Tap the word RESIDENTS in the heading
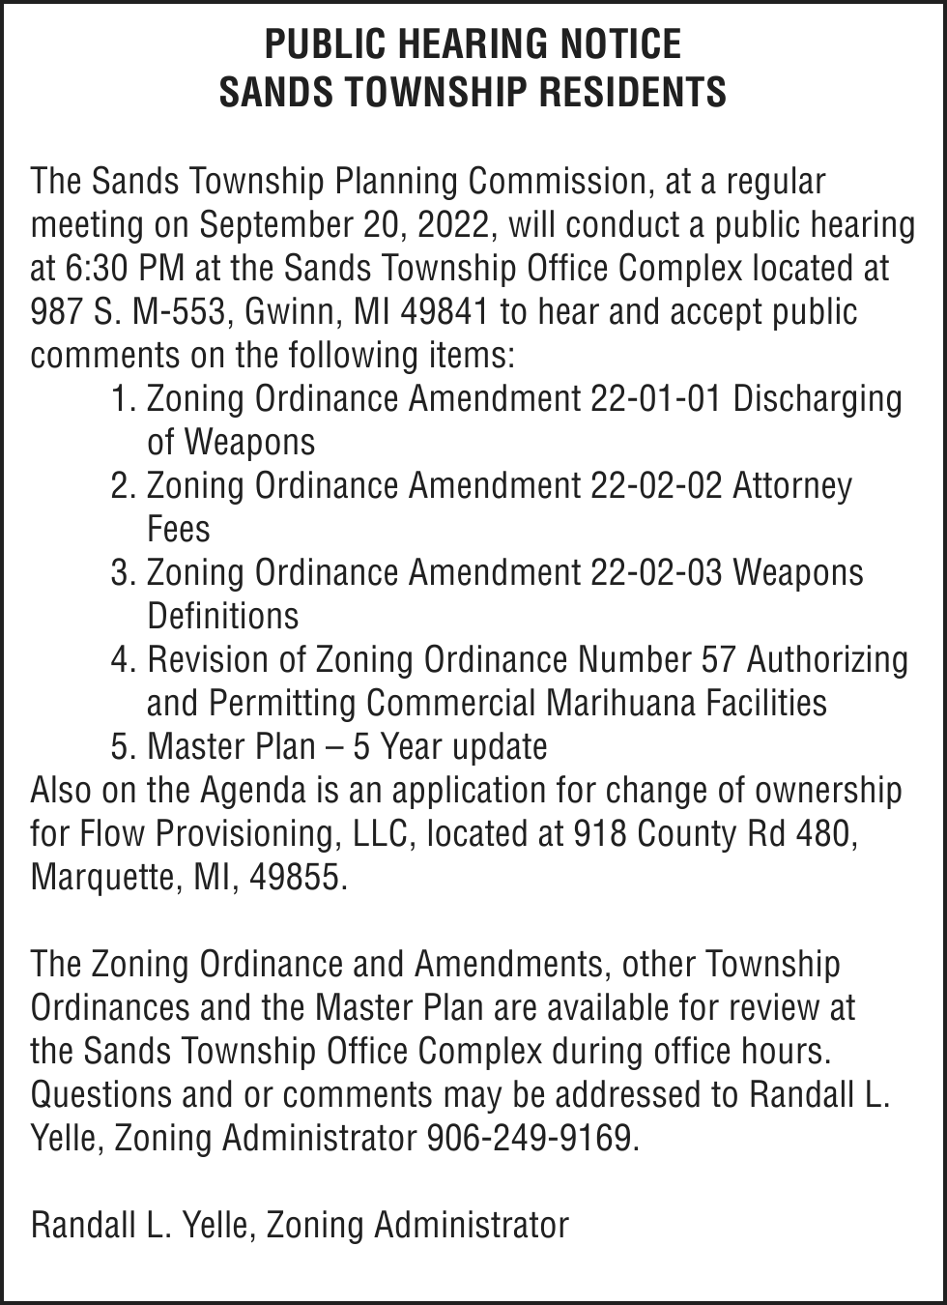point(631,92)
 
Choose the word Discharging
point(818,399)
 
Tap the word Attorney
point(792,485)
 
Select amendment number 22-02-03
point(655,572)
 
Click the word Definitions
point(222,616)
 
